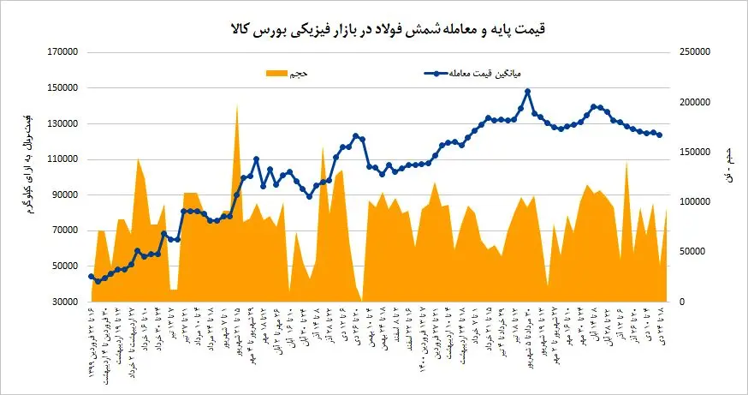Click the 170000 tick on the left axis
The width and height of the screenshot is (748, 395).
62,52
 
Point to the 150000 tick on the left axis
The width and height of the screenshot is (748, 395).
62,88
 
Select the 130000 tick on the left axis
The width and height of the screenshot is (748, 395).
62,124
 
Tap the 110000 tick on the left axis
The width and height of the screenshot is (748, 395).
62,159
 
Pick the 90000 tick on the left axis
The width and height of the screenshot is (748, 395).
65,195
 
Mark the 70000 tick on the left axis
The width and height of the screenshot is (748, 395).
65,231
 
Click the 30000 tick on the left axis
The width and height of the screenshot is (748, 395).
65,302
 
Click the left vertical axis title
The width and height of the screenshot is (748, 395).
29,162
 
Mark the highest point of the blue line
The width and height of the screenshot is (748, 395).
527,92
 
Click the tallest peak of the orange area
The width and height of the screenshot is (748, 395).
236,105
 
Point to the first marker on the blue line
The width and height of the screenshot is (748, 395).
91,276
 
